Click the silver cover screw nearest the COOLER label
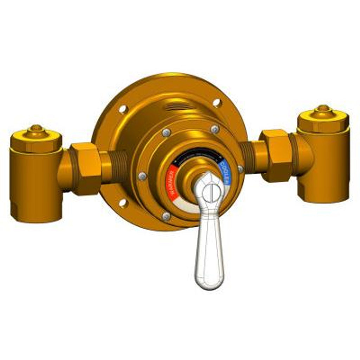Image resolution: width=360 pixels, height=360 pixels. pyautogui.click(x=240, y=169)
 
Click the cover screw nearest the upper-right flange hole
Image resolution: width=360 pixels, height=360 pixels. pyautogui.click(x=215, y=129)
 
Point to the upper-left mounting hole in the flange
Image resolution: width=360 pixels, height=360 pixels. pyautogui.click(x=123, y=109)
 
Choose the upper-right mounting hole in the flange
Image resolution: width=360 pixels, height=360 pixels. pyautogui.click(x=217, y=102)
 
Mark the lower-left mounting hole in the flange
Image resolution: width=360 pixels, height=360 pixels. pyautogui.click(x=123, y=202)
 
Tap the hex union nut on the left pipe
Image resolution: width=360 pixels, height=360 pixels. pyautogui.click(x=85, y=169)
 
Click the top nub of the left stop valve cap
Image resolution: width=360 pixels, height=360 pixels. pyautogui.click(x=36, y=128)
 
